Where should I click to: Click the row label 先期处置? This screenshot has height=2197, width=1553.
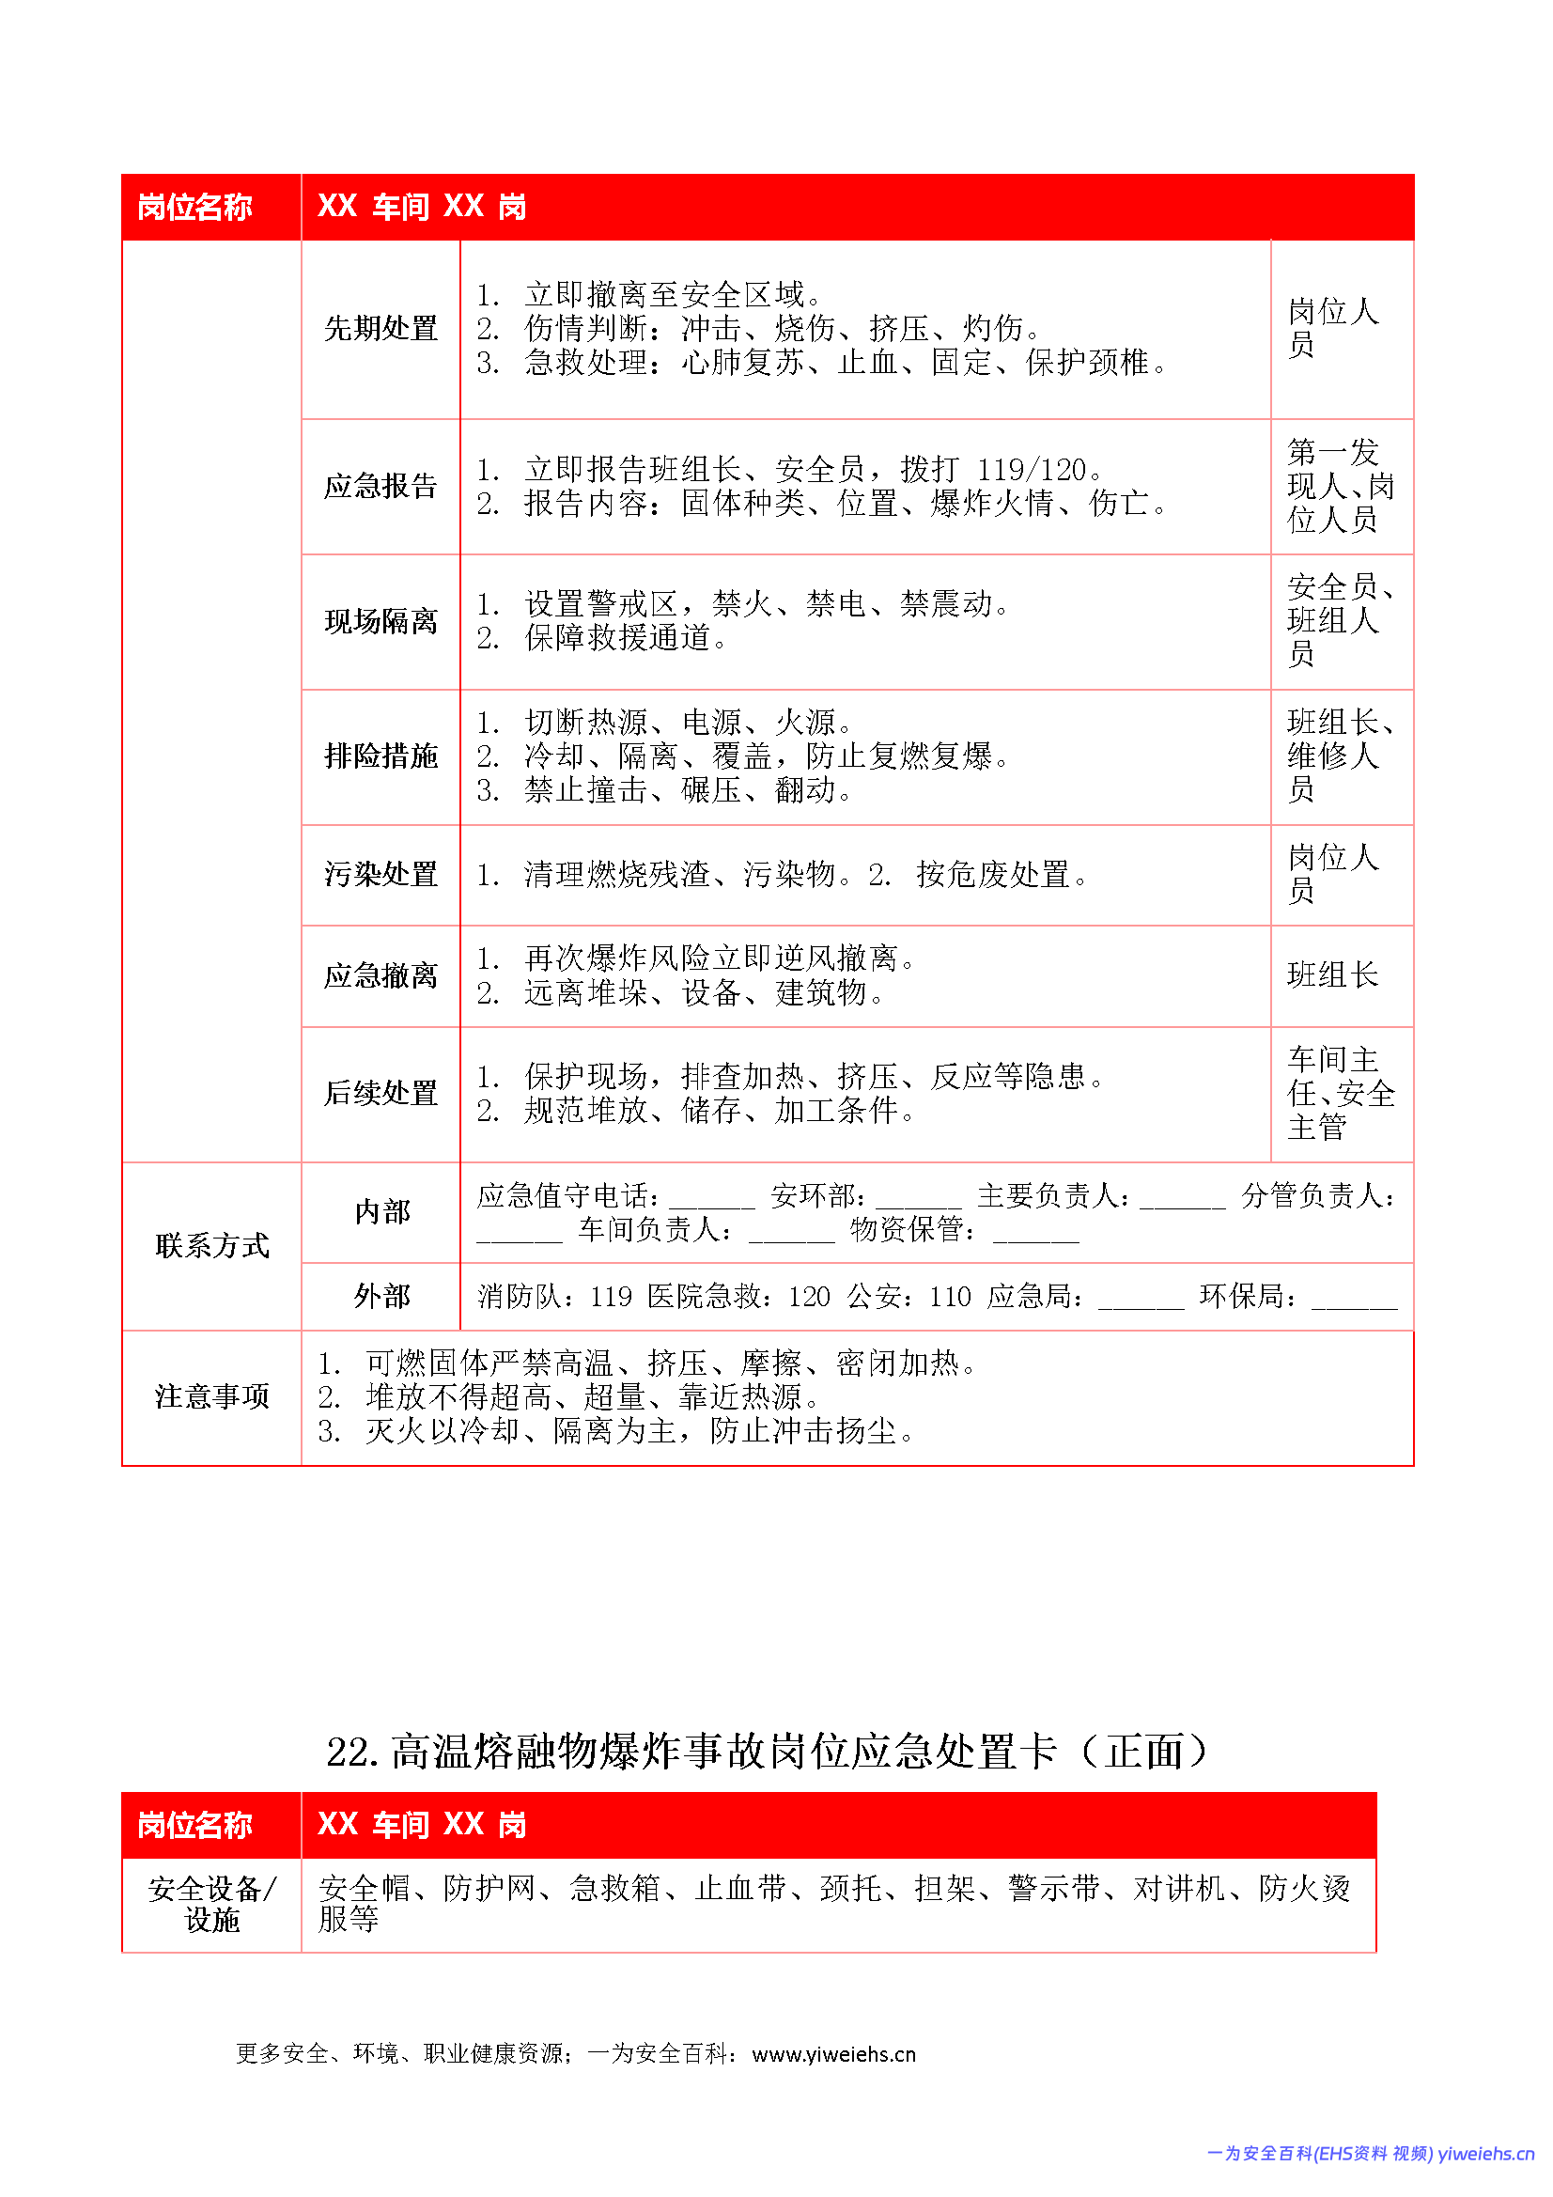380,329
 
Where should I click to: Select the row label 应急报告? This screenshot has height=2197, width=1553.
380,486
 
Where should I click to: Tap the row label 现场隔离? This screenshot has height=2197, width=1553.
380,622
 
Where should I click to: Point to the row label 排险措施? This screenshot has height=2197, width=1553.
380,756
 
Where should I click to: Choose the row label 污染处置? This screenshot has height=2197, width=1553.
380,875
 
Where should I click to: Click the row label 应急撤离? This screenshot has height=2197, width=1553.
380,976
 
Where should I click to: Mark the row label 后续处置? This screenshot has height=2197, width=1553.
380,1094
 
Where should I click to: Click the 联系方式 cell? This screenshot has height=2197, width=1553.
212,1246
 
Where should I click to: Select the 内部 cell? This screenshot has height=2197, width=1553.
381,1212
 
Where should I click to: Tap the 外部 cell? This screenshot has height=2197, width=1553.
381,1297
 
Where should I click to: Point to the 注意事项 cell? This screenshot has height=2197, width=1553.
212,1397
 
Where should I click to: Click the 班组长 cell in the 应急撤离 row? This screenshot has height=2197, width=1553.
1332,976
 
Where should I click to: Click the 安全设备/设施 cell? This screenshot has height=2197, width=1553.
212,1904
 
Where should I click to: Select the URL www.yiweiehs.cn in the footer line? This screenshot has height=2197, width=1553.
833,2054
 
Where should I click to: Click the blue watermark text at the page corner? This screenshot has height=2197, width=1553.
1370,2153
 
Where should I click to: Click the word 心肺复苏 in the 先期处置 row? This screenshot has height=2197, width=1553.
742,364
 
